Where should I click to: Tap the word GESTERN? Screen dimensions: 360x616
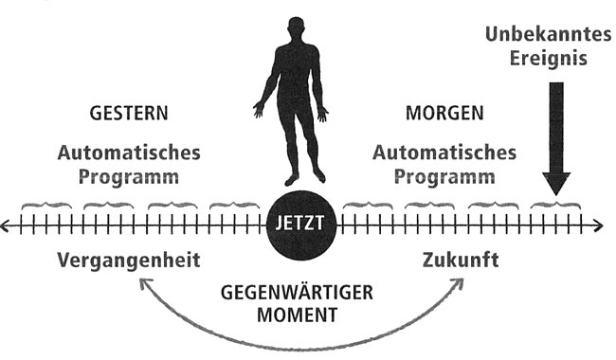pyautogui.click(x=129, y=113)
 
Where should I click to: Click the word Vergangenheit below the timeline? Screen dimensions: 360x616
pyautogui.click(x=129, y=261)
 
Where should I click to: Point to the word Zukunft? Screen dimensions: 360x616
pyautogui.click(x=460, y=261)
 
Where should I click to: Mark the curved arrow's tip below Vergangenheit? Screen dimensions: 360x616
pyautogui.click(x=142, y=284)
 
